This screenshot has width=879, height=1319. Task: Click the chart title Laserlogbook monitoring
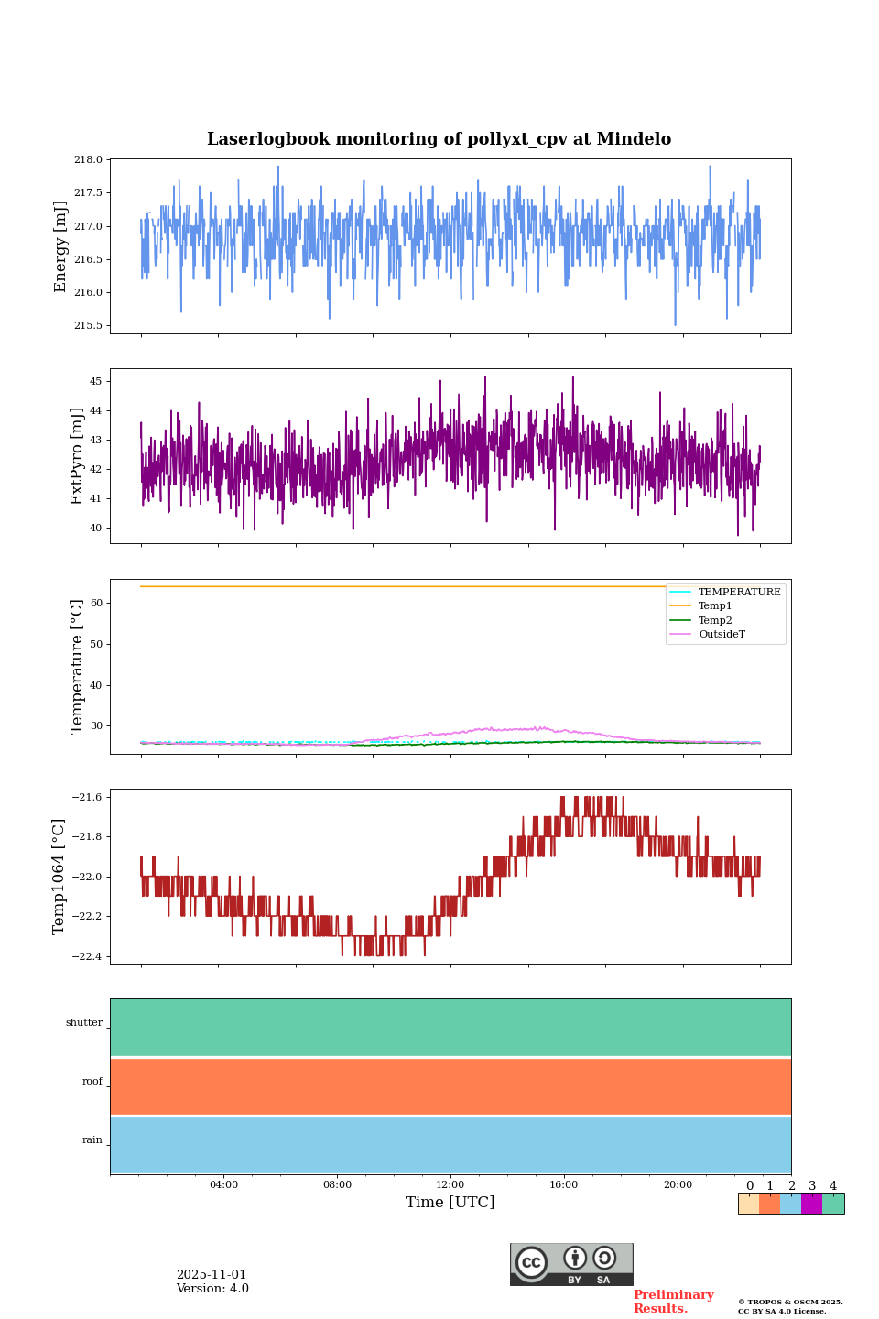click(439, 139)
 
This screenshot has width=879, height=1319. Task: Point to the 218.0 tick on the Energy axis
click(88, 160)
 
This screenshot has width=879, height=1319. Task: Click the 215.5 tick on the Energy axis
click(88, 326)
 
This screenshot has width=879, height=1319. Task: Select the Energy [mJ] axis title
click(60, 246)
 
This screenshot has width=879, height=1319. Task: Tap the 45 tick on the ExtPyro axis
click(95, 381)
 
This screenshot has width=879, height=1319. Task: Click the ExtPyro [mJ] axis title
click(77, 456)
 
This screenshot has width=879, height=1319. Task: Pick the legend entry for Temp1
click(715, 606)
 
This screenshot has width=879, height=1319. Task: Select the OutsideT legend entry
click(722, 635)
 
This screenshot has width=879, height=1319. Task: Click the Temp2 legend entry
click(715, 621)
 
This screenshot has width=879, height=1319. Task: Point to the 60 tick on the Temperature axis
click(95, 604)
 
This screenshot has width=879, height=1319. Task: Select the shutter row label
click(84, 1023)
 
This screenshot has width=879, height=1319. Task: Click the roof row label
click(92, 1082)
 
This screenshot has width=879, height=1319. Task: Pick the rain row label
click(92, 1140)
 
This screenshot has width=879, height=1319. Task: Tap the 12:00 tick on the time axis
click(450, 1185)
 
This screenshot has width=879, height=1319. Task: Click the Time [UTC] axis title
click(450, 1203)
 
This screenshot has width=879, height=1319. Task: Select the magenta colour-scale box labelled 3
click(811, 1204)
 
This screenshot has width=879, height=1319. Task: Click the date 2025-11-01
click(212, 1275)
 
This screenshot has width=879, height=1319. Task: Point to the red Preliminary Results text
click(673, 1302)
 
